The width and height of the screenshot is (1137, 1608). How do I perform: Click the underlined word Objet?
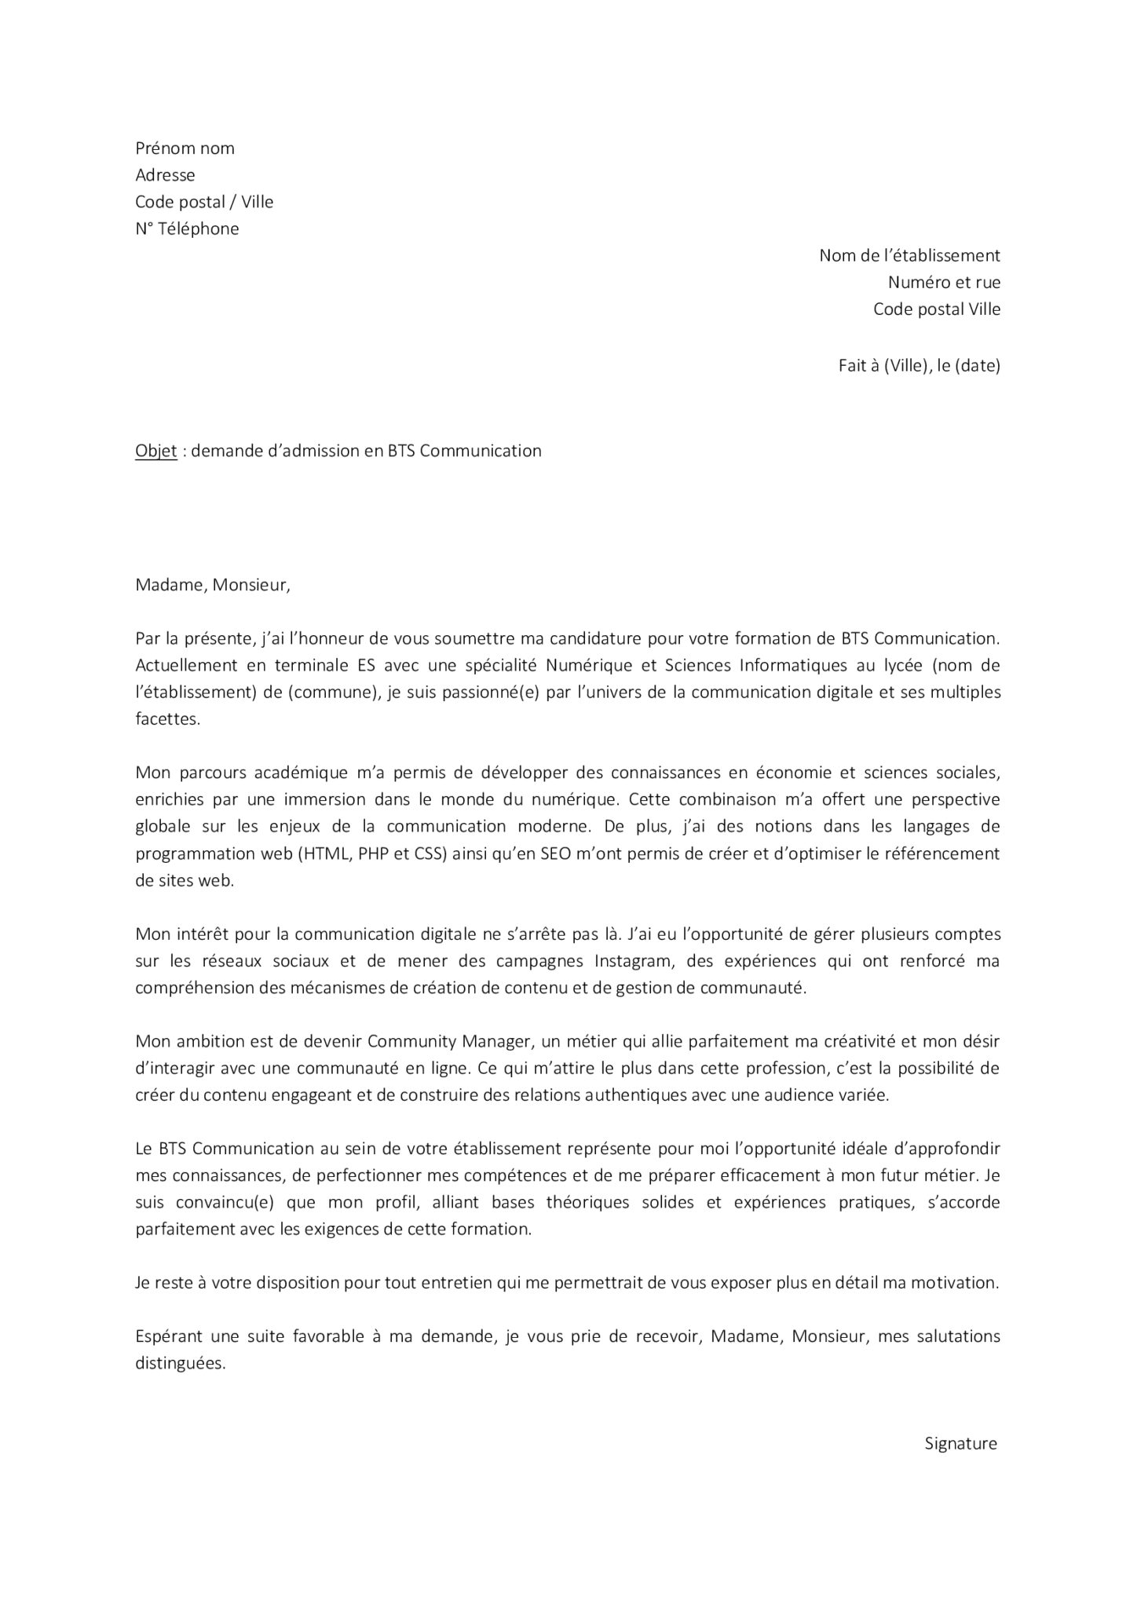[155, 451]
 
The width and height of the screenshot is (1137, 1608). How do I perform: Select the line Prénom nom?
[185, 148]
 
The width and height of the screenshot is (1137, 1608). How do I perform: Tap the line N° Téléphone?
[187, 229]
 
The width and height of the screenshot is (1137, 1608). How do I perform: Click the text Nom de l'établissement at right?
[909, 255]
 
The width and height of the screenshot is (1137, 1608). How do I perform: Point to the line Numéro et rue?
[944, 282]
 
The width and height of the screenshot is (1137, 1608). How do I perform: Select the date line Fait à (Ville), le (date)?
[919, 366]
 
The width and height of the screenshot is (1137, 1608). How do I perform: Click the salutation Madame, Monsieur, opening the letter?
[212, 585]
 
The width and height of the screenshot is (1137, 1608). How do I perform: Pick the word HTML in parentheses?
[324, 854]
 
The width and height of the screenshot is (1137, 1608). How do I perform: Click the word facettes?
[167, 719]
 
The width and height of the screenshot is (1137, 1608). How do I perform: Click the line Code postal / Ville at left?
[204, 203]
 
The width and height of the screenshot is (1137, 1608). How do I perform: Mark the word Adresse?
[165, 175]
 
